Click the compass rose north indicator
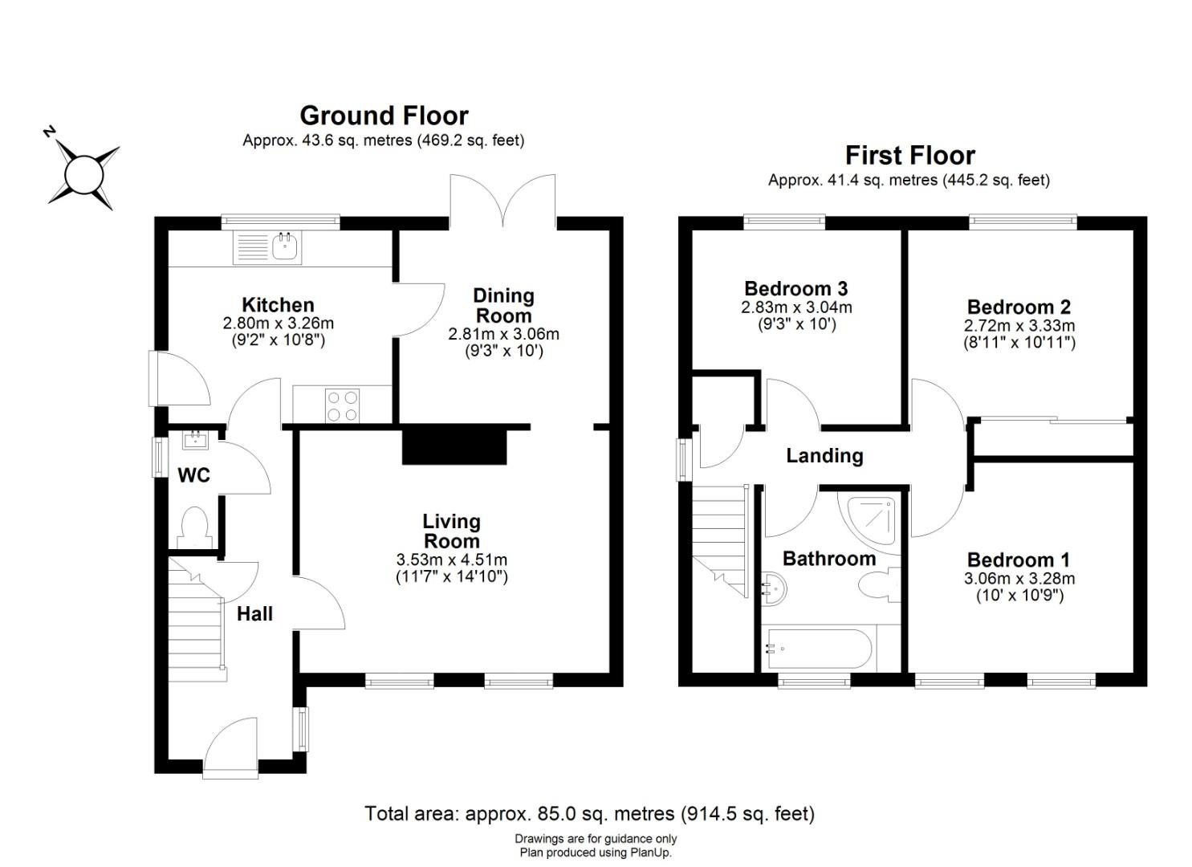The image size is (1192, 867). [x=50, y=132]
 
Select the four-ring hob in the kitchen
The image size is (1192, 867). [x=343, y=405]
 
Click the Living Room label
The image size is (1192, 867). [x=452, y=531]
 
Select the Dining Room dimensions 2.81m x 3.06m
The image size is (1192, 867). [x=503, y=334]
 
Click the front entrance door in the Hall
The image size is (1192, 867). [x=230, y=747]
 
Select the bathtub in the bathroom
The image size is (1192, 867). [x=819, y=649]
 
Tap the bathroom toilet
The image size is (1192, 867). [x=879, y=585]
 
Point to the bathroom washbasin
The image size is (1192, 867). [x=775, y=589]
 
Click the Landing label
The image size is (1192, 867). [x=825, y=456]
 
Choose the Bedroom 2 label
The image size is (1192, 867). [x=1019, y=307]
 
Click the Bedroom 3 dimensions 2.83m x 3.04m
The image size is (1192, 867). [x=796, y=307]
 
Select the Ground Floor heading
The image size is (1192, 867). [x=384, y=116]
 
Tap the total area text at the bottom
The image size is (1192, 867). [x=590, y=814]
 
